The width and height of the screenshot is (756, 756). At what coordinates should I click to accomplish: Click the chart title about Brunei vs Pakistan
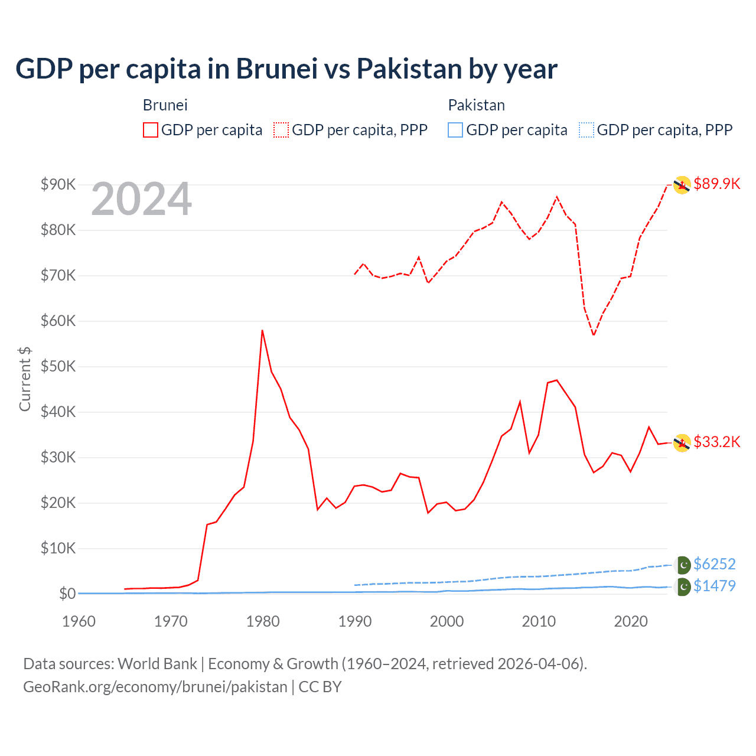[286, 69]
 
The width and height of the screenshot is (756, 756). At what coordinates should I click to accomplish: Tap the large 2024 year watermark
[142, 199]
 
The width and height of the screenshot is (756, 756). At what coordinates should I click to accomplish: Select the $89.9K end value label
[717, 184]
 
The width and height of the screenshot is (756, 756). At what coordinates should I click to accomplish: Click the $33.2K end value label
[717, 442]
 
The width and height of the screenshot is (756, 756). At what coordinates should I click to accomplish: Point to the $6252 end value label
[715, 564]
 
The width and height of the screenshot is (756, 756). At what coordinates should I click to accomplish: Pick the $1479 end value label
[715, 586]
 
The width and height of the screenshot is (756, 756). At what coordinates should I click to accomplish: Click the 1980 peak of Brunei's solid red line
[262, 331]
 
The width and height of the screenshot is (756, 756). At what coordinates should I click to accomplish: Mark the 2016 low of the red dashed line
[594, 335]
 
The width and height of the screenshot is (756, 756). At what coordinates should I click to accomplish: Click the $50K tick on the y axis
[58, 366]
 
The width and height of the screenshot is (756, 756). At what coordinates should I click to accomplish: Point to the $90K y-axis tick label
[58, 184]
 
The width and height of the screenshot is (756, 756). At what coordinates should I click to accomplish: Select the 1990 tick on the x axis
[355, 621]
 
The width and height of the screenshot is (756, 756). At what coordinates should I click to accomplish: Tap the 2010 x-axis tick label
[539, 621]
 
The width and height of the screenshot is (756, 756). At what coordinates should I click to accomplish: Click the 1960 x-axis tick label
[79, 621]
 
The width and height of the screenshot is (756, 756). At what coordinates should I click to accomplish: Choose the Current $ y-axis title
[25, 379]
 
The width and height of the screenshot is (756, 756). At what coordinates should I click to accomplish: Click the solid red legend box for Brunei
[151, 130]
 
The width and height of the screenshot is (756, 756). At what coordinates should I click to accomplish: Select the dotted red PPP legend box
[281, 130]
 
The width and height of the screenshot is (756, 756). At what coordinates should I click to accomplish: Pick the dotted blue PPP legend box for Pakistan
[586, 130]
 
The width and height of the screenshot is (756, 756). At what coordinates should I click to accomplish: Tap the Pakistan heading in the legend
[477, 105]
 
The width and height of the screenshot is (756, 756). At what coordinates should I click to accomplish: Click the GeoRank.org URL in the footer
[155, 687]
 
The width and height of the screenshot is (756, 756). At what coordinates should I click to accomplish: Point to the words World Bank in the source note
[157, 664]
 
